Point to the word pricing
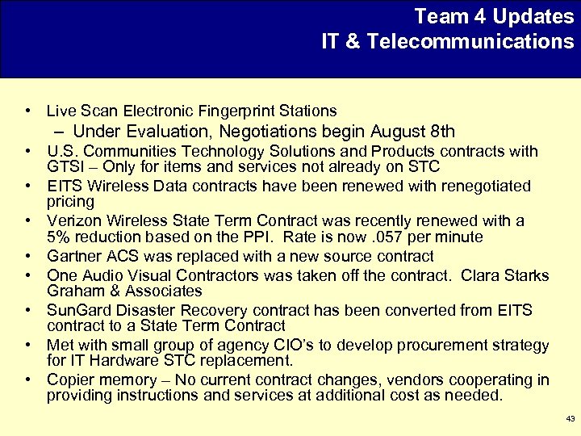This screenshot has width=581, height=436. pyautogui.click(x=71, y=202)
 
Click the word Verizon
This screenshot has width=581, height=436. pyautogui.click(x=72, y=220)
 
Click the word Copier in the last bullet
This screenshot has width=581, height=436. pyautogui.click(x=69, y=379)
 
